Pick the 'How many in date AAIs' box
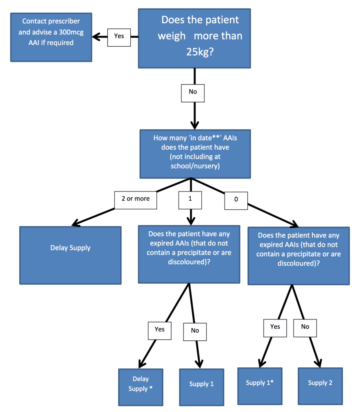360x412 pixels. (x=195, y=153)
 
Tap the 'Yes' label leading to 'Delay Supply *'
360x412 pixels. (x=160, y=330)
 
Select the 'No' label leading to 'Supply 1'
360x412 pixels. (x=195, y=331)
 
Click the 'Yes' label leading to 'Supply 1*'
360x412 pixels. (x=275, y=327)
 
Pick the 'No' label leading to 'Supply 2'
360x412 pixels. (x=305, y=327)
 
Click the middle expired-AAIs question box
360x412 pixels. (x=189, y=254)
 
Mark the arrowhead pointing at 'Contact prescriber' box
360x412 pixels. (x=96, y=37)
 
